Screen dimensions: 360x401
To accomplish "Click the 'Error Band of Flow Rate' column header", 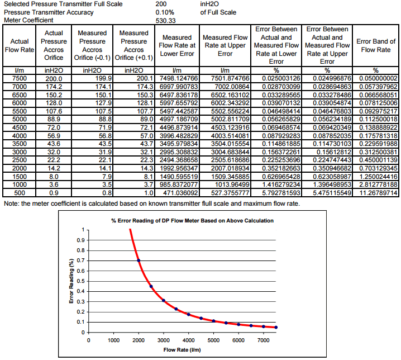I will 376,45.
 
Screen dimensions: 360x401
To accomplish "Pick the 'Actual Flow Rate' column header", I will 20,45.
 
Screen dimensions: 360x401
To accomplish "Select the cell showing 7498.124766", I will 177,78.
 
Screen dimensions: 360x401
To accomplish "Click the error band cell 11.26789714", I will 376,192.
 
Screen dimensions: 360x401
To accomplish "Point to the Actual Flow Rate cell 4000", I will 20,135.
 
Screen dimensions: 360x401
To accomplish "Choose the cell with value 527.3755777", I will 225,192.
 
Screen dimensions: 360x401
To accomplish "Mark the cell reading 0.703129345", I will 376,168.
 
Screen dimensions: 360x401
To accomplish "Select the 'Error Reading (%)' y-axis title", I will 71,282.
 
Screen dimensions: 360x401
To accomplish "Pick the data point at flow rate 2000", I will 139,260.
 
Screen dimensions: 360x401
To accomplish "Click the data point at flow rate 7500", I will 276,327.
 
